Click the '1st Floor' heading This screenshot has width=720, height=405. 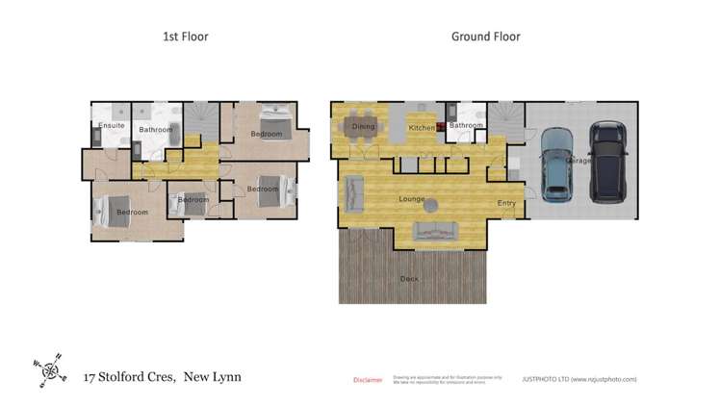pyautogui.click(x=184, y=37)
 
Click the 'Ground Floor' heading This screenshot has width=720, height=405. pyautogui.click(x=485, y=37)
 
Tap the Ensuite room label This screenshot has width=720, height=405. pyautogui.click(x=110, y=126)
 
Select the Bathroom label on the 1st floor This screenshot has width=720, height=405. pyautogui.click(x=154, y=129)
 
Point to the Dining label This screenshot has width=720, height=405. pyautogui.click(x=363, y=126)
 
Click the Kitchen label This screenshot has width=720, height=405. pyautogui.click(x=421, y=128)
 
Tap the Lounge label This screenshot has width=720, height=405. pyautogui.click(x=412, y=199)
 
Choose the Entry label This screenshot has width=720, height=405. pyautogui.click(x=506, y=203)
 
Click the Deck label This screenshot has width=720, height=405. pyautogui.click(x=410, y=279)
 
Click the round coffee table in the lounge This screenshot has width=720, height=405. pyautogui.click(x=432, y=205)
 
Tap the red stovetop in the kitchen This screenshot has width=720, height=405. pyautogui.click(x=441, y=126)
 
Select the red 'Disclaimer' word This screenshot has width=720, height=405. pyautogui.click(x=368, y=380)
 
